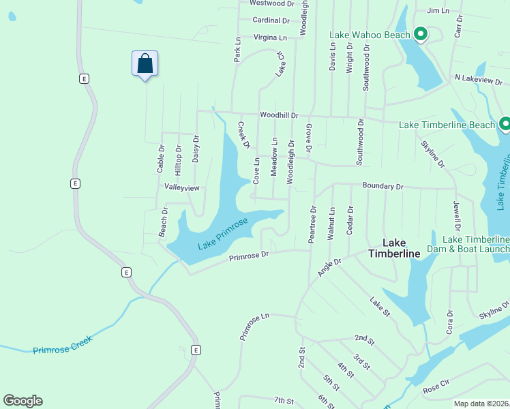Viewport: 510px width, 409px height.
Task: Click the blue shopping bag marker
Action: pyautogui.click(x=145, y=64)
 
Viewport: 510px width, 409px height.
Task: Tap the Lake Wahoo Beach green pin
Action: pyautogui.click(x=421, y=33)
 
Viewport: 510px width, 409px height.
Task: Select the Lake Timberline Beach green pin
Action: pyautogui.click(x=505, y=124)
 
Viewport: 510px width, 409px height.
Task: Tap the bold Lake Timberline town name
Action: pyautogui.click(x=394, y=248)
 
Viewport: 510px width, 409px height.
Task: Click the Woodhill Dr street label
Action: pyautogui.click(x=278, y=116)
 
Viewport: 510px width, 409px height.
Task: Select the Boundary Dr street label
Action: pyautogui.click(x=382, y=186)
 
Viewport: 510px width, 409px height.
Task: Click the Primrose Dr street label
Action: pyautogui.click(x=249, y=256)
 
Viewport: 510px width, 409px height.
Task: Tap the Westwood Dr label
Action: pyautogui.click(x=271, y=3)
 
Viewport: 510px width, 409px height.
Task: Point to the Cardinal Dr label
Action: pyautogui.click(x=271, y=20)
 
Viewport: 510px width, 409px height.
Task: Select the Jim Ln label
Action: pyautogui.click(x=438, y=11)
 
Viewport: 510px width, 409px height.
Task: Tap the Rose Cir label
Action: pyautogui.click(x=437, y=389)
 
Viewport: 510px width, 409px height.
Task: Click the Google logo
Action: pyautogui.click(x=22, y=401)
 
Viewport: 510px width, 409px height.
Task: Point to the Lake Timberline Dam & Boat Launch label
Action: pyautogui.click(x=476, y=244)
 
